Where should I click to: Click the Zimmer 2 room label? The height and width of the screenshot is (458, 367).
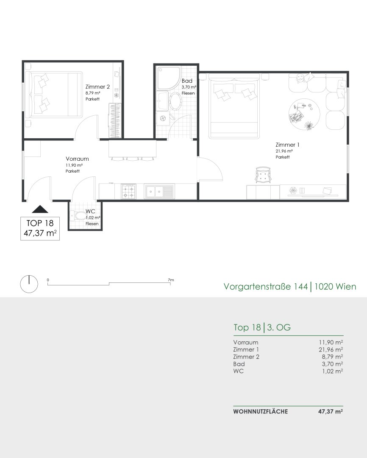click(97, 87)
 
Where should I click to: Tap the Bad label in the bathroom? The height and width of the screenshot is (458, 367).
click(187, 81)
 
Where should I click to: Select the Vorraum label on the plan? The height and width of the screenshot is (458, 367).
click(77, 159)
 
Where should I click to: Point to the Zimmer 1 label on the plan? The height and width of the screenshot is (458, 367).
click(287, 145)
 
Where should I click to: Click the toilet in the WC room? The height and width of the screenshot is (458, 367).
click(78, 216)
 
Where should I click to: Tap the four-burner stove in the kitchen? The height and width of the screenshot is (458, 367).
click(128, 191)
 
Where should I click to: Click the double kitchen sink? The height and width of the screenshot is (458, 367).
click(159, 191)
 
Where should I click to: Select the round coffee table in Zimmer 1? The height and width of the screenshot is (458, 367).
click(304, 114)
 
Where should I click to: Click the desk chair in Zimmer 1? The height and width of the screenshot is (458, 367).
click(263, 175)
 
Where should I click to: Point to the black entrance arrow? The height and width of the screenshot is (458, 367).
click(40, 209)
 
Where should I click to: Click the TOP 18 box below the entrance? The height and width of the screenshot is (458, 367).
click(40, 229)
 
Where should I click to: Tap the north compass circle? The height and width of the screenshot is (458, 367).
click(29, 284)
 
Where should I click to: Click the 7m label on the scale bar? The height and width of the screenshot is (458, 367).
click(171, 280)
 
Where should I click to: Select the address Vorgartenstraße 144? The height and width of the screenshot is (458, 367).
click(266, 286)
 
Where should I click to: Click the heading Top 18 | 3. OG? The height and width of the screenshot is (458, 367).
click(262, 327)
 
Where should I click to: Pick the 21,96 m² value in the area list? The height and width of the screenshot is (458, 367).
click(331, 349)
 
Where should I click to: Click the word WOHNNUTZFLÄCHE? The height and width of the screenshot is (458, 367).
click(261, 411)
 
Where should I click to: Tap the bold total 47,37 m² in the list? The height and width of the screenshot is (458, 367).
click(331, 411)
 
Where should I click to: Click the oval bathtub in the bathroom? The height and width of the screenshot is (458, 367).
click(175, 101)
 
